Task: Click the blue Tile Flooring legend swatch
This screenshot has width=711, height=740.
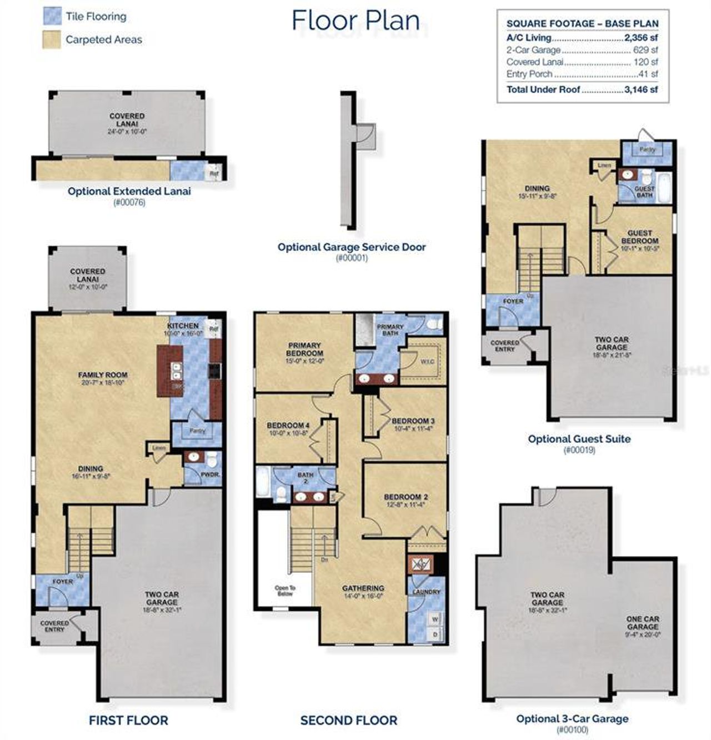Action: tap(52, 16)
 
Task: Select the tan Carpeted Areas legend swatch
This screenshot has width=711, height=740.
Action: tap(52, 39)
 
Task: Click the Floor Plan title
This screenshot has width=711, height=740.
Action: tap(355, 21)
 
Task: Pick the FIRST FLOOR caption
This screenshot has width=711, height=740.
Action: tap(128, 721)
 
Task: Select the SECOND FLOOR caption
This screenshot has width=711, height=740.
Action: tap(349, 721)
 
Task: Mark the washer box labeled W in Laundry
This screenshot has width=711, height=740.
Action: tap(435, 619)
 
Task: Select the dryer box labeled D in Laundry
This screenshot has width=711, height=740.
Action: tap(435, 634)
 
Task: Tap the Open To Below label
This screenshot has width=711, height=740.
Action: tap(285, 591)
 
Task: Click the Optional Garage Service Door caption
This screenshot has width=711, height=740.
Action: tap(352, 247)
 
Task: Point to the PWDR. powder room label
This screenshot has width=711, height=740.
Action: tap(209, 476)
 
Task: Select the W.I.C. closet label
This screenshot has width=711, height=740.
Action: tap(427, 362)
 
